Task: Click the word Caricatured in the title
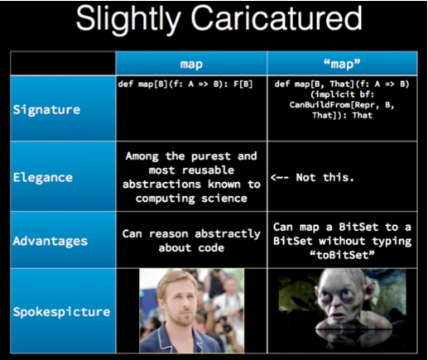pyautogui.click(x=277, y=18)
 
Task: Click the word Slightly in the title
pyautogui.click(x=128, y=20)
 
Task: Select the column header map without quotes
pyautogui.click(x=191, y=65)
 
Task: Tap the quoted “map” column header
pyautogui.click(x=342, y=64)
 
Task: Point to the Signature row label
pyautogui.click(x=46, y=109)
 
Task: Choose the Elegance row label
pyautogui.click(x=43, y=177)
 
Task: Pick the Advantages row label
pyautogui.click(x=50, y=241)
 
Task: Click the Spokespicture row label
pyautogui.click(x=61, y=312)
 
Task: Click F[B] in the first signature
pyautogui.click(x=243, y=84)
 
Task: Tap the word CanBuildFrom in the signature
pyautogui.click(x=320, y=105)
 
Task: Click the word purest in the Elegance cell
pyautogui.click(x=211, y=156)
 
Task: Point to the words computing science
pyautogui.click(x=191, y=199)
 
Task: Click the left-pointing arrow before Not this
pyautogui.click(x=280, y=177)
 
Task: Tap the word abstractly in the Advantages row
pyautogui.click(x=228, y=234)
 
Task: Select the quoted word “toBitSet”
pyautogui.click(x=342, y=255)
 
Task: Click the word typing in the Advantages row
pyautogui.click(x=392, y=242)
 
